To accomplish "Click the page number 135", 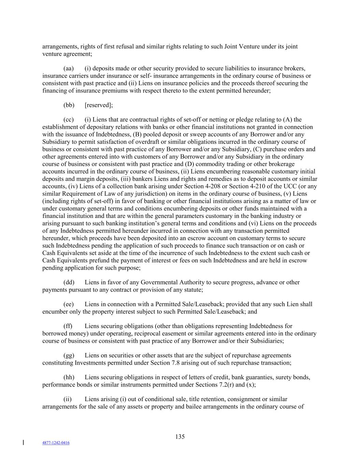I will click(180, 437).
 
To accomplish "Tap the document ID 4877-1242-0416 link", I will click(56, 443).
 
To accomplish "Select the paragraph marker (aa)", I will click(69, 68).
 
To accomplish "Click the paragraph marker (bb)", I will click(69, 105).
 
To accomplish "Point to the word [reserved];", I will click(99, 105).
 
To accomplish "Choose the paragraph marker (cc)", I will click(69, 119).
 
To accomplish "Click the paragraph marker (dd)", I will click(69, 282).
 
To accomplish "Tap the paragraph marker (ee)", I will click(69, 304).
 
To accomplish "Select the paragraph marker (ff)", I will click(68, 326).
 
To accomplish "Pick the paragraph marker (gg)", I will click(69, 355).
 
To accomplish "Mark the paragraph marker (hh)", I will click(69, 377).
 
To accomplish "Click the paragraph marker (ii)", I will click(68, 399).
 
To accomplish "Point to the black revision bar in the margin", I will click(23, 443).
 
